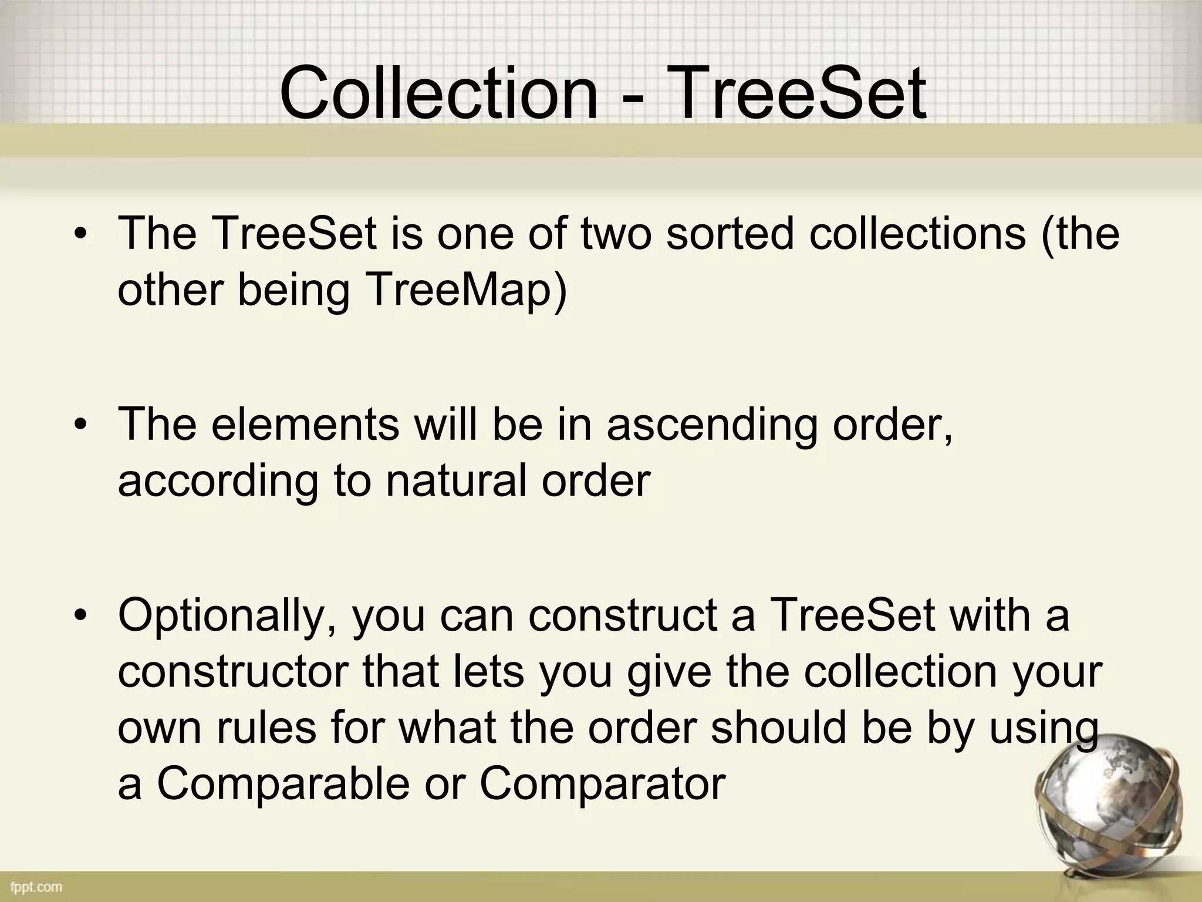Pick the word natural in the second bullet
coord(456,480)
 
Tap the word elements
coord(305,424)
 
